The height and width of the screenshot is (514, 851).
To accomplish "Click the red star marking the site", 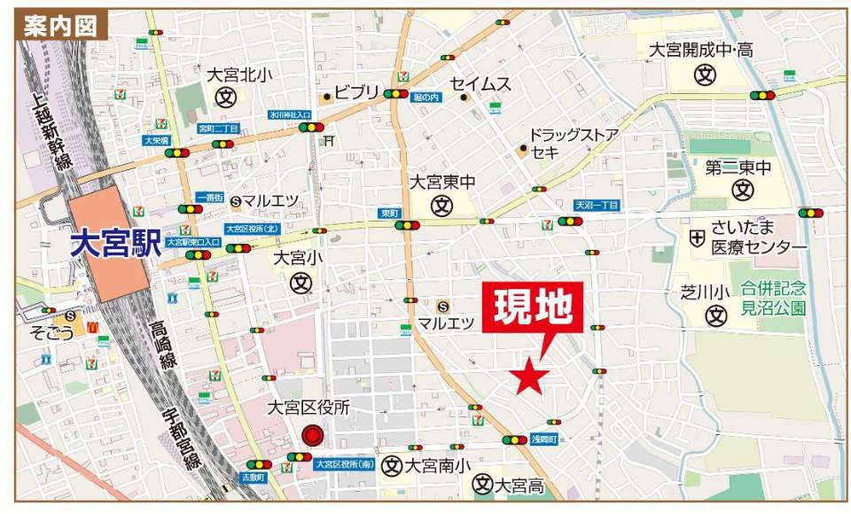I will (x=532, y=377).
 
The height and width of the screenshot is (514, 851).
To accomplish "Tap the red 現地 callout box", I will (x=533, y=308).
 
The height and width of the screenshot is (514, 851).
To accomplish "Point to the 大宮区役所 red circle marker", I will (x=312, y=435).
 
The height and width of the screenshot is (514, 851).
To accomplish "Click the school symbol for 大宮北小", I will (x=227, y=97).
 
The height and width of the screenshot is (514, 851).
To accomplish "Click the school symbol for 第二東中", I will (x=742, y=189).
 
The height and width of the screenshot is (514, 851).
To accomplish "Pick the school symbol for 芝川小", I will (x=715, y=315).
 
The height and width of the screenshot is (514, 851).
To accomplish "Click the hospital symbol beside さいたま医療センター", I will (x=698, y=238).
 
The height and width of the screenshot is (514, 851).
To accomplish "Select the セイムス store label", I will (x=481, y=84).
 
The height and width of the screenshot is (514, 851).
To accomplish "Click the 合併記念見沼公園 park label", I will (x=773, y=297).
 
